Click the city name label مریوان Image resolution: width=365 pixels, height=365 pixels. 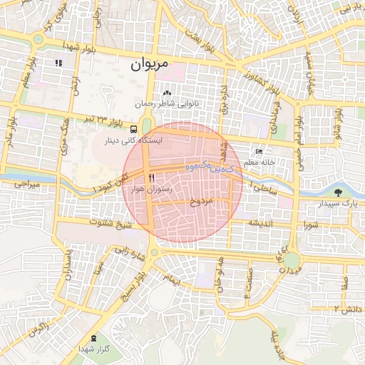click(150, 63)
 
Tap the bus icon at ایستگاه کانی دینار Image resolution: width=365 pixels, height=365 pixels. click(134, 129)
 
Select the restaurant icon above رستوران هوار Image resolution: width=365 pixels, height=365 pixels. click(150, 178)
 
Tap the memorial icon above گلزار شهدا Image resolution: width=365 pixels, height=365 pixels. click(96, 338)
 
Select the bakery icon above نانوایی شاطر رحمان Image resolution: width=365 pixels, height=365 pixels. click(167, 93)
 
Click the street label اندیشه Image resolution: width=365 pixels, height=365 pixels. click(261, 223)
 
